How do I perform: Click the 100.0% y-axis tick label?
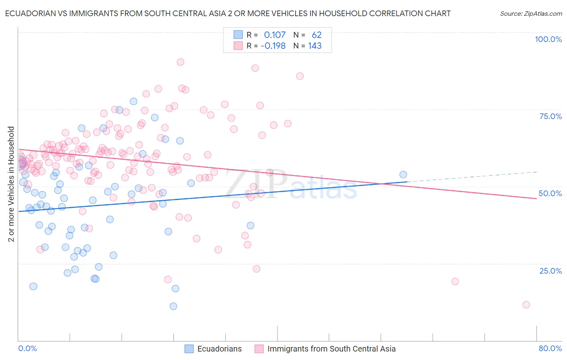[x=548, y=39]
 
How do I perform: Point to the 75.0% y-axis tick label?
[x=550, y=116]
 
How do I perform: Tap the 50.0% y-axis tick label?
[x=550, y=193]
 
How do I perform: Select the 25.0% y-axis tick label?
[x=550, y=270]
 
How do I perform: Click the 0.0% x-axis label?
[x=27, y=348]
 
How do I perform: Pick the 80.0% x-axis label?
[x=550, y=348]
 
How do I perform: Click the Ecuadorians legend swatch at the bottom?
[x=189, y=349]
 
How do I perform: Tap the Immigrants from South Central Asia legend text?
[x=331, y=349]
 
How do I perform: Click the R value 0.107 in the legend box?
[x=275, y=35]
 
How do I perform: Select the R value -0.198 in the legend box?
[x=273, y=46]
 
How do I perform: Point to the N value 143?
[x=315, y=46]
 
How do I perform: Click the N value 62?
[x=317, y=35]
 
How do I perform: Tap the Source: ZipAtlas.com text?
[x=531, y=13]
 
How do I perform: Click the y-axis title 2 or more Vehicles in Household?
[x=11, y=184]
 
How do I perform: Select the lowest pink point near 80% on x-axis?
[x=526, y=305]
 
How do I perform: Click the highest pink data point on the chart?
[x=180, y=62]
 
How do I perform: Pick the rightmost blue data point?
[x=403, y=175]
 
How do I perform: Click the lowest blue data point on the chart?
[x=173, y=306]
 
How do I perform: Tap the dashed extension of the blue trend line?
[x=472, y=177]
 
